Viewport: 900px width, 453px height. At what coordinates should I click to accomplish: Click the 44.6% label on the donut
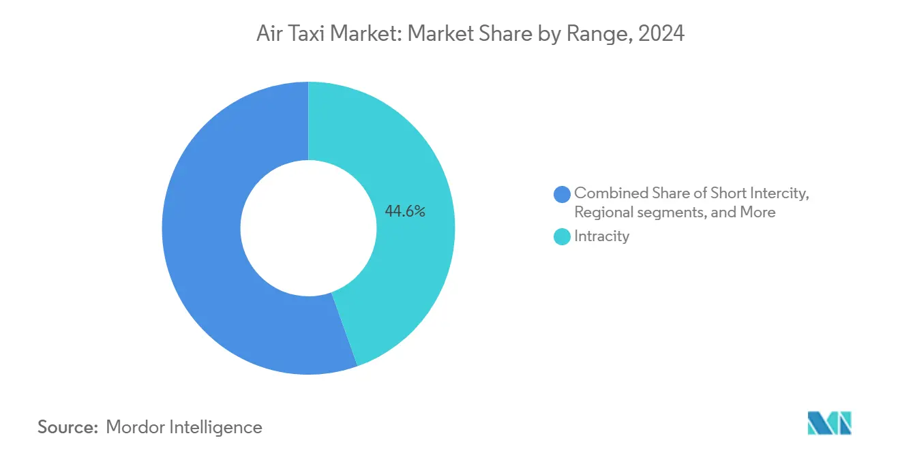405,211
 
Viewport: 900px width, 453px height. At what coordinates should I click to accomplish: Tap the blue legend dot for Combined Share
562,194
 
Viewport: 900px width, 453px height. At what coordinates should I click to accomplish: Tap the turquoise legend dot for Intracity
562,237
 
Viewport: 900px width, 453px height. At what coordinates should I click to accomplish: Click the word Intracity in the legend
601,236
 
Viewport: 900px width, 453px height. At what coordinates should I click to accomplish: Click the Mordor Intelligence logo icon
829,423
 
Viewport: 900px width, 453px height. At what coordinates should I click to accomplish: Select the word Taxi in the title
303,33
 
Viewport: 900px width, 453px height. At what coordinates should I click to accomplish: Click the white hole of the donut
308,228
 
